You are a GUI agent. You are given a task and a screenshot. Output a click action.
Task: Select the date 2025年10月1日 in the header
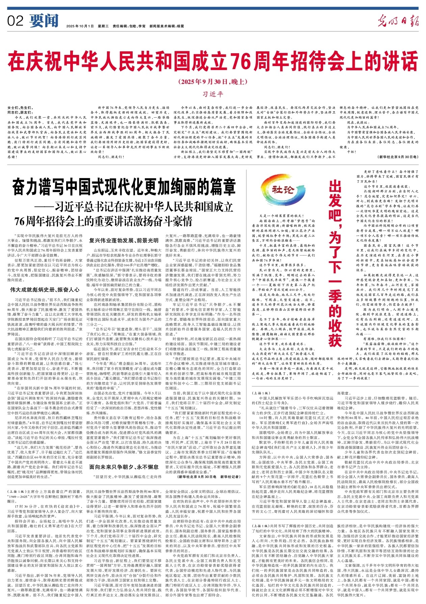pyautogui.click(x=80, y=26)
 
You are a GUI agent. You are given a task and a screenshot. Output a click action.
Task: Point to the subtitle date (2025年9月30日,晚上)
pyautogui.click(x=213, y=82)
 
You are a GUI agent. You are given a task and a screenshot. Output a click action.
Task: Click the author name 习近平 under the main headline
pyautogui.click(x=213, y=93)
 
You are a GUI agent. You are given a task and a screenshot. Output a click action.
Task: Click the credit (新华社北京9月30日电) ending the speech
pyautogui.click(x=398, y=157)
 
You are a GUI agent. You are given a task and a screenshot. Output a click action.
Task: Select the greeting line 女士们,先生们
pyautogui.click(x=19, y=108)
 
